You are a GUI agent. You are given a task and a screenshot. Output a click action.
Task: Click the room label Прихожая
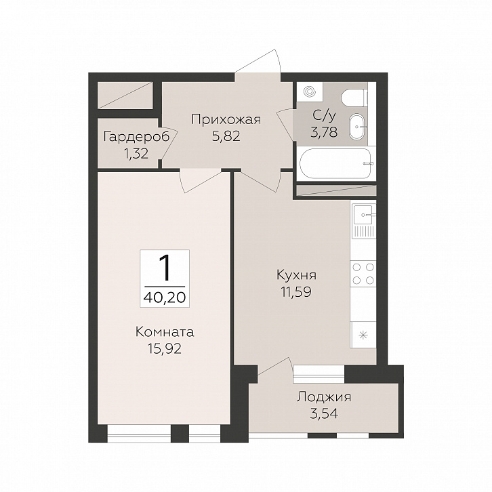coord(226,119)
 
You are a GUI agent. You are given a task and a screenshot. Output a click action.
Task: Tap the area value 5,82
coord(226,136)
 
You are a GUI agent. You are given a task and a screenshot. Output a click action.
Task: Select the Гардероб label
coord(136,137)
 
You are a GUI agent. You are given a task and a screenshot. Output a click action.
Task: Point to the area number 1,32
coord(136,153)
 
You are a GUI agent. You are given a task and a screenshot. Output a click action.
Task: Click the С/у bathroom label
coord(324,116)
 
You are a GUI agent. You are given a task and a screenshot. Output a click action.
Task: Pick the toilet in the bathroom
coord(354,98)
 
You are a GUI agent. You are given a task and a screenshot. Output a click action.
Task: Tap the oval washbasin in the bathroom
coord(356,127)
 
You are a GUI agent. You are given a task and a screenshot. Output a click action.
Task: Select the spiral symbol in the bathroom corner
coord(310,91)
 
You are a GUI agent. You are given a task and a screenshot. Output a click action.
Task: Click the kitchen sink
coord(363,221)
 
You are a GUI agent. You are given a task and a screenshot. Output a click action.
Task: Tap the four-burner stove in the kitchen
coord(363,273)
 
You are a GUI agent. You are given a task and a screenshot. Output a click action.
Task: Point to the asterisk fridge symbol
coord(363,335)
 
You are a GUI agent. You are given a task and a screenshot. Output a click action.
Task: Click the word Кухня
coord(297,275)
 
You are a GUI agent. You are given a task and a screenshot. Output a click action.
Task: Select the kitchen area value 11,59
coord(297,292)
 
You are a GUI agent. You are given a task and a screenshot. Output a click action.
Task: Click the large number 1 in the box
coord(165,268)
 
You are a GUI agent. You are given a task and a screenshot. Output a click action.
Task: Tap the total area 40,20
coord(165,297)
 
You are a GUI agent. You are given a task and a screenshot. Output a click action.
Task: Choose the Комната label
coord(165,332)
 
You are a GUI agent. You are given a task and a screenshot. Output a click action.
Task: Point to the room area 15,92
coord(165,348)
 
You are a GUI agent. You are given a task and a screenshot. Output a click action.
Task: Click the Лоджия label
coord(324,398)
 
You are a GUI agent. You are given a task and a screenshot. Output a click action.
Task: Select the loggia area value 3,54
coord(324,413)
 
